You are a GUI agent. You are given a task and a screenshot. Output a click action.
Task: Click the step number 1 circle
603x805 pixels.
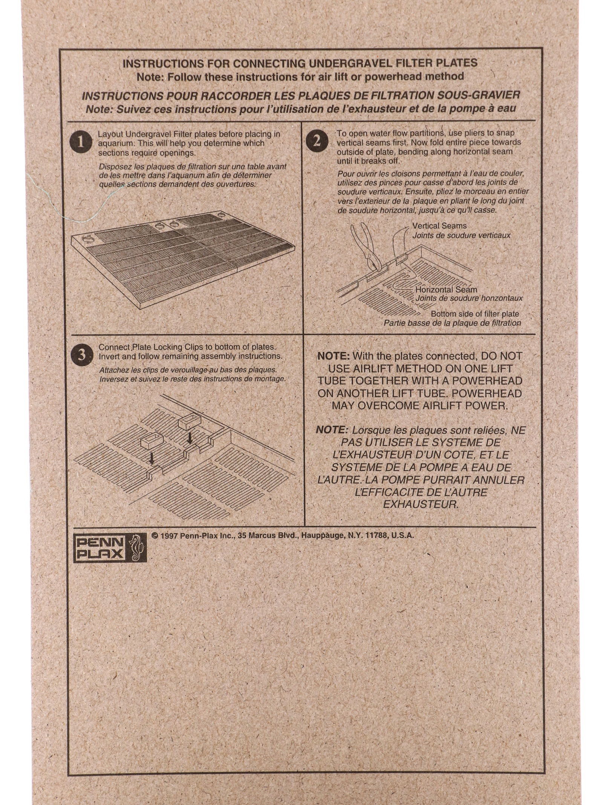(80, 142)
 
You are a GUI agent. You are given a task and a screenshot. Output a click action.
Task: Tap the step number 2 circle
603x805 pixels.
(317, 141)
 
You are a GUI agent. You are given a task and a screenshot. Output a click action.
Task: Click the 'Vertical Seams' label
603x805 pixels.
(439, 226)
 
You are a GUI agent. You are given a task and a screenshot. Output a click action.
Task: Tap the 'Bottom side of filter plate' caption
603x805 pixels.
(475, 314)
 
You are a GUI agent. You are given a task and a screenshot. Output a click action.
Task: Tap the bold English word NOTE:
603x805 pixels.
(334, 356)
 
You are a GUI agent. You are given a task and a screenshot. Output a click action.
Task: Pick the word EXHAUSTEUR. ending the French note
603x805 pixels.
(421, 504)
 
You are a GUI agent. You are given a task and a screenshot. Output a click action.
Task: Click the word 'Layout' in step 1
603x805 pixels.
(110, 134)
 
